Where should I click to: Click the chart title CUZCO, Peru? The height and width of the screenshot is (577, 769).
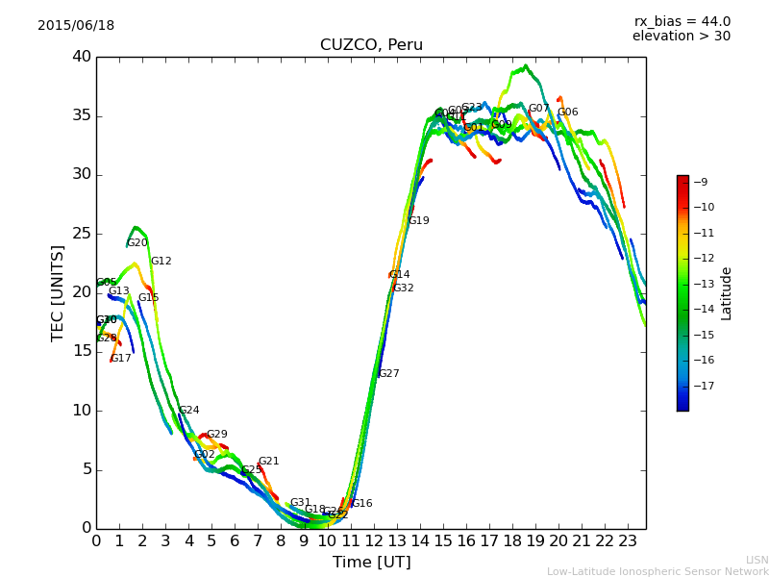(x=371, y=45)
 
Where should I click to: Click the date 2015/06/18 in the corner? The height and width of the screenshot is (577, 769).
(x=76, y=25)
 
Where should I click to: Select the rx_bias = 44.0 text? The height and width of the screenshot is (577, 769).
(x=682, y=21)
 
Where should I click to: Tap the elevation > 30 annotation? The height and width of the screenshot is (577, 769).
(x=681, y=37)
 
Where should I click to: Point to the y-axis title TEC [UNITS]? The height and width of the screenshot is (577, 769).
(x=58, y=292)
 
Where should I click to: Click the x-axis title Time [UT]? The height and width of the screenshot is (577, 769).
(x=371, y=563)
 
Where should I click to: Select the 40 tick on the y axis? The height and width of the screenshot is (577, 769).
(x=81, y=57)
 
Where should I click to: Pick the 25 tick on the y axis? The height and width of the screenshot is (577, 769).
(x=81, y=234)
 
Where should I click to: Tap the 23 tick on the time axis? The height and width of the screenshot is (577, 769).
(x=628, y=541)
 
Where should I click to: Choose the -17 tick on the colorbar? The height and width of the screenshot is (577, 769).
(x=702, y=387)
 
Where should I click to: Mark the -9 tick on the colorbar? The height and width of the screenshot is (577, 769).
(x=702, y=182)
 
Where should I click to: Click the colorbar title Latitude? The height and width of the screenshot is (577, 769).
(x=727, y=292)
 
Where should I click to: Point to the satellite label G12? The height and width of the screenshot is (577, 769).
(x=161, y=262)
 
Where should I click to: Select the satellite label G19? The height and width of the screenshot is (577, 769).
(x=418, y=221)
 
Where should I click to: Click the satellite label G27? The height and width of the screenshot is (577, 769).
(x=388, y=374)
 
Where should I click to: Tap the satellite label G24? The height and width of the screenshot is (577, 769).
(x=188, y=411)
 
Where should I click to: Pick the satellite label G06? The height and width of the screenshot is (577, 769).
(x=567, y=113)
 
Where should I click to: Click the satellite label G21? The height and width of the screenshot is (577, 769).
(x=268, y=462)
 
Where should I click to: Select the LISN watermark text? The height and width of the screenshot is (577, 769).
(x=757, y=560)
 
